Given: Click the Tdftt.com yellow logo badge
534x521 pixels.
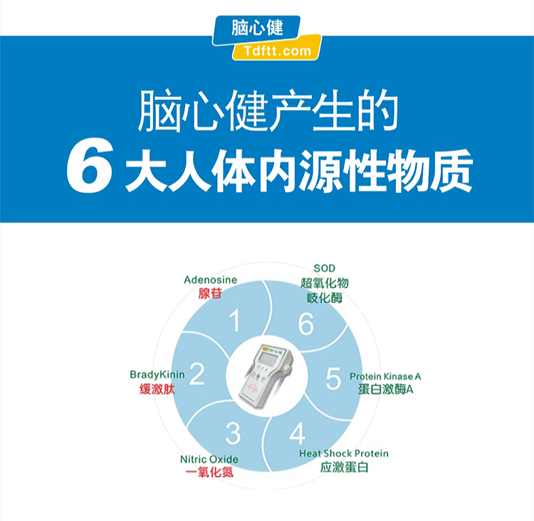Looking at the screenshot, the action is point(276,48).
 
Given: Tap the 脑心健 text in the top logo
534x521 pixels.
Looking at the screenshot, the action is point(257,28).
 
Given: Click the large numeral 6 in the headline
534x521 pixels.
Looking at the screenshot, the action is point(90,166).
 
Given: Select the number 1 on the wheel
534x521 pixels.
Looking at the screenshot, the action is point(235,320).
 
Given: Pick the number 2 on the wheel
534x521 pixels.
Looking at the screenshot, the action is point(197,374).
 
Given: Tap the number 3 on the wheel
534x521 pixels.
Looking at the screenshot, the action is point(233,433).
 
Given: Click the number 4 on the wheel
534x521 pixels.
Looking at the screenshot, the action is point(297,433).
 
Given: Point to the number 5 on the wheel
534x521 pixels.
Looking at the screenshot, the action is point(333,378).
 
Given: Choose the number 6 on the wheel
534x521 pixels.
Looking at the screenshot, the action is point(306,324).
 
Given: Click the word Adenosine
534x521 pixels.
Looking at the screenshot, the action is point(211,280).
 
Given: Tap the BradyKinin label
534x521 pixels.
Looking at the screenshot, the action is point(157,374).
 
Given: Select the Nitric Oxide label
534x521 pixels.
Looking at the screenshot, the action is point(209,459).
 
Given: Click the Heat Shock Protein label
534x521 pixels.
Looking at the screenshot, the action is point(344,453).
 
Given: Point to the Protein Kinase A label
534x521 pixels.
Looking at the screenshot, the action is point(385,377).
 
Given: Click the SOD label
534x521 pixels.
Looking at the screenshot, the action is point(324,268).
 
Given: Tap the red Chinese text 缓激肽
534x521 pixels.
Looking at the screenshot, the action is point(157,389).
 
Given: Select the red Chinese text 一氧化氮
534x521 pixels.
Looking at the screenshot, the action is point(209,472).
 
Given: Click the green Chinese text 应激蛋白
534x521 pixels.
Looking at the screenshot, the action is point(345,467).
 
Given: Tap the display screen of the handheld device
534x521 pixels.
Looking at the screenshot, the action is point(268,357).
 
